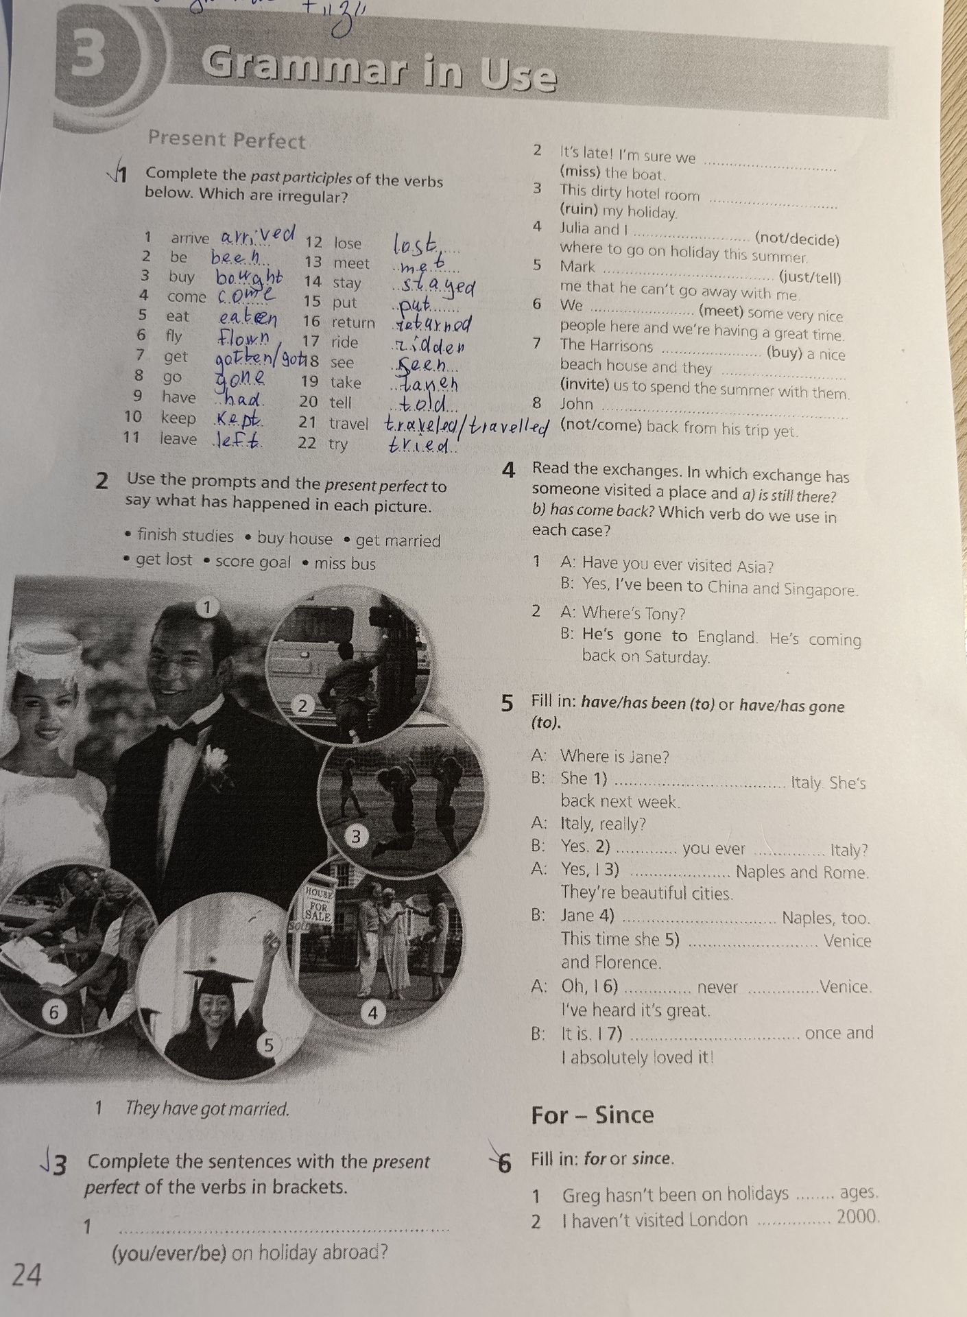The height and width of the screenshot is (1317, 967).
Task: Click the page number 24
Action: click(27, 1274)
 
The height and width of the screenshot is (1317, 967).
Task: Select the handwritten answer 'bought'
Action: click(249, 278)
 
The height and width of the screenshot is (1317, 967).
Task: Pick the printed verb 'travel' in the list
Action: click(348, 424)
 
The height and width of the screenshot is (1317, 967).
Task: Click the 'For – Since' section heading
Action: click(593, 1115)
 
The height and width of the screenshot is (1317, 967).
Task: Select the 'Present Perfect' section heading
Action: click(227, 140)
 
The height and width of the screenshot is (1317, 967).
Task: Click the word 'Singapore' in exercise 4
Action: click(821, 589)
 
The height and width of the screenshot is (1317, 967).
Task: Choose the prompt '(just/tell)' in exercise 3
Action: click(810, 278)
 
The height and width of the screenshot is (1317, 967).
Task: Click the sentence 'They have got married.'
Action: click(207, 1109)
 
